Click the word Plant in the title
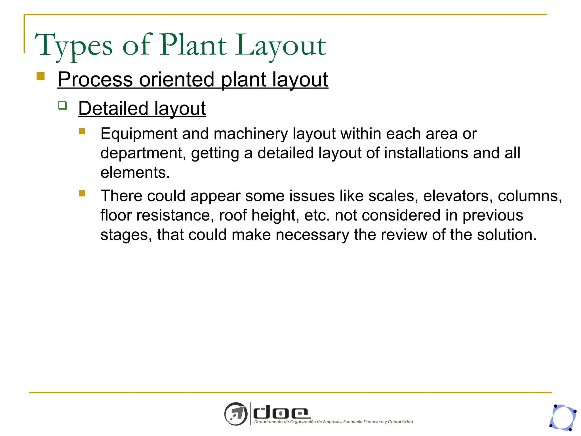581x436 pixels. coord(193,45)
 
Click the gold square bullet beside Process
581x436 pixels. coord(41,76)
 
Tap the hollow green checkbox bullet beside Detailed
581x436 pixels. coord(62,105)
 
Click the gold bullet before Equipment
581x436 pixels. coord(82,131)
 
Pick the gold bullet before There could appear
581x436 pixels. coord(82,194)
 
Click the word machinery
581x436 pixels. coord(250,134)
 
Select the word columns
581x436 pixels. coord(529,196)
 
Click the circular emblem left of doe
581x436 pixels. coord(236,414)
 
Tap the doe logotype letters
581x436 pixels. coord(281,413)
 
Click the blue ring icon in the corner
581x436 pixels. coord(563,417)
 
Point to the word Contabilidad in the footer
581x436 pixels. coord(400,422)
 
